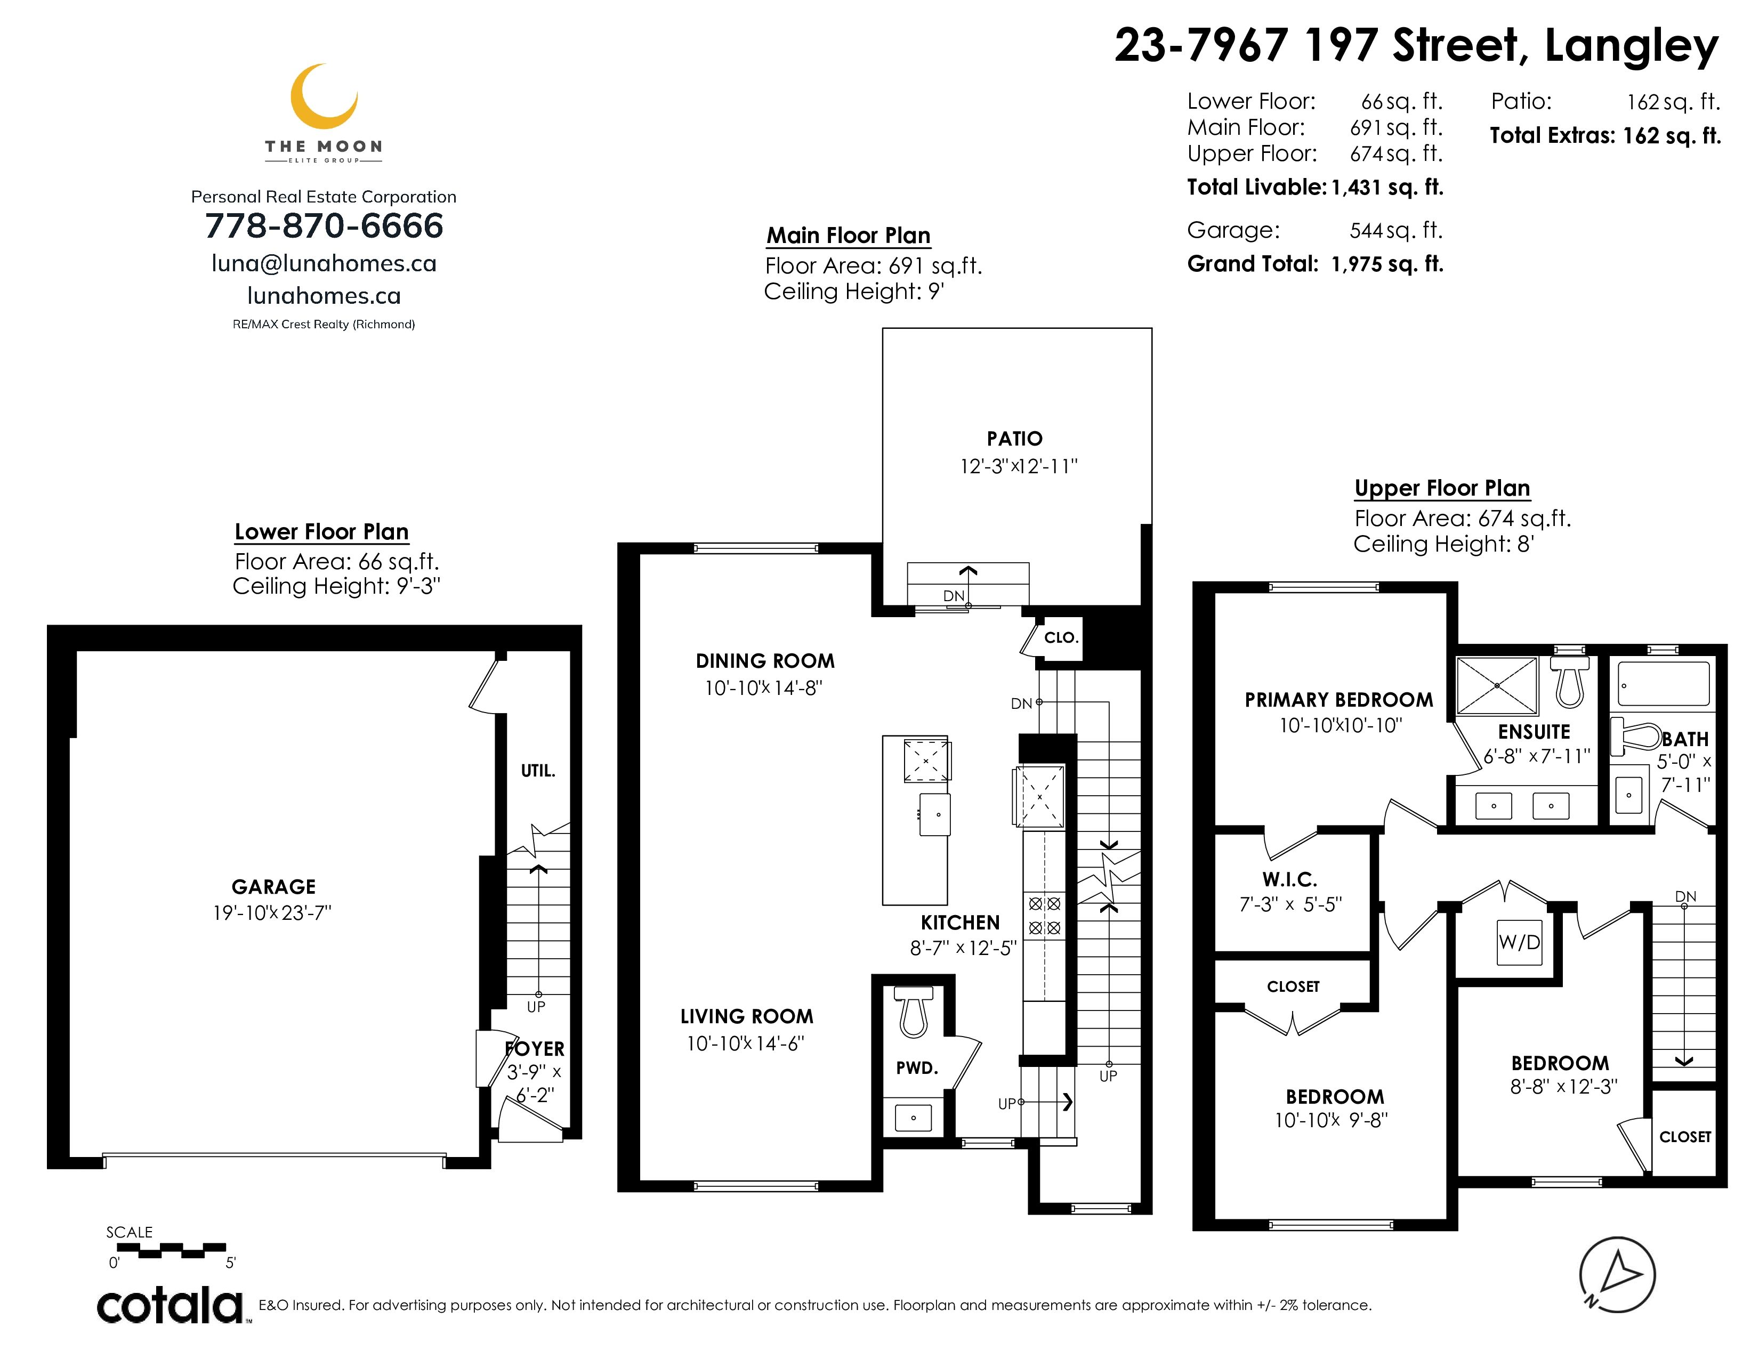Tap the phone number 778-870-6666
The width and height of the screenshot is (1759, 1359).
point(324,225)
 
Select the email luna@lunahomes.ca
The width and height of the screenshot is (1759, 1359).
point(324,263)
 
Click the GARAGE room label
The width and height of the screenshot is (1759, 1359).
point(274,886)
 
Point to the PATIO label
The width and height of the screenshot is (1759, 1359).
point(1015,439)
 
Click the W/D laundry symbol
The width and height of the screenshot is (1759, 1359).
point(1519,942)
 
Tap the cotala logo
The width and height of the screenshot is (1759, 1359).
point(171,1305)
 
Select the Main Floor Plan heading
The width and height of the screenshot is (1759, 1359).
point(848,235)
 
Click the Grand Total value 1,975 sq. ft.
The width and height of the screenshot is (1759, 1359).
point(1387,264)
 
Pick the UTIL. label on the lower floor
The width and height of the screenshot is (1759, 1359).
point(538,771)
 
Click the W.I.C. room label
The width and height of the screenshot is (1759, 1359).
point(1289,879)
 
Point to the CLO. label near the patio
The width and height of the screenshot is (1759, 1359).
point(1061,637)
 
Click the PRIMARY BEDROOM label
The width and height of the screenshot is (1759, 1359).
point(1338,700)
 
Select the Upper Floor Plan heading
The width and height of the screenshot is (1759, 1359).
point(1442,488)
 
